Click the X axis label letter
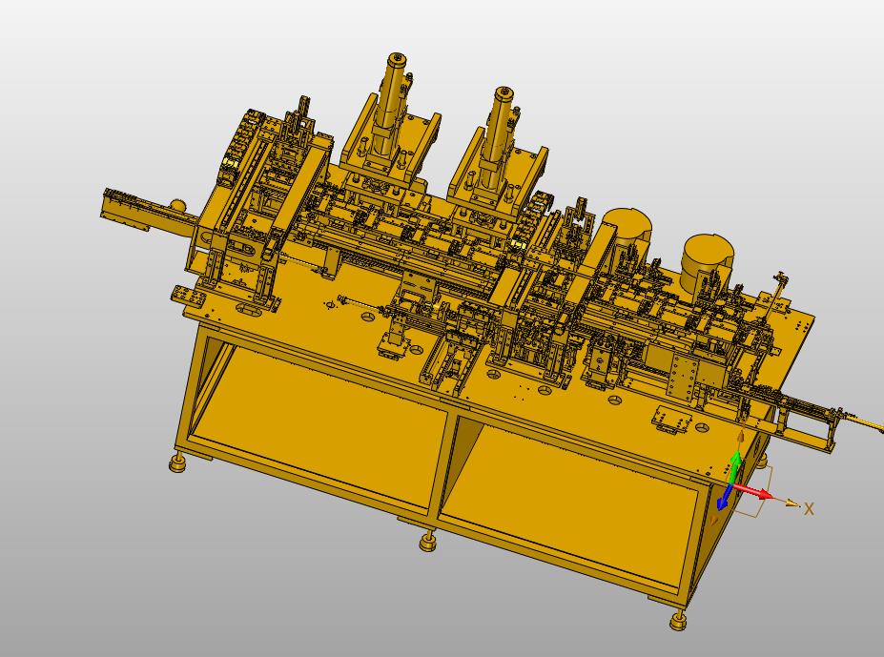(809, 509)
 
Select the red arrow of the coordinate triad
(754, 491)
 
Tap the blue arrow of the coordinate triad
(725, 499)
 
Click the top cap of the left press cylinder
(398, 58)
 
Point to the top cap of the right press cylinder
(504, 92)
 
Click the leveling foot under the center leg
(428, 543)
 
